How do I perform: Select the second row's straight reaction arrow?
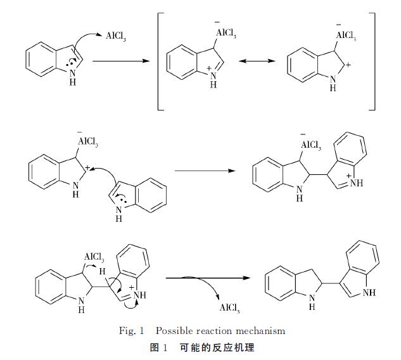[200, 170]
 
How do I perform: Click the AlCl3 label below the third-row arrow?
[229, 309]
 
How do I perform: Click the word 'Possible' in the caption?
[175, 330]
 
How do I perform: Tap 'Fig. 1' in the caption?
[132, 330]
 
